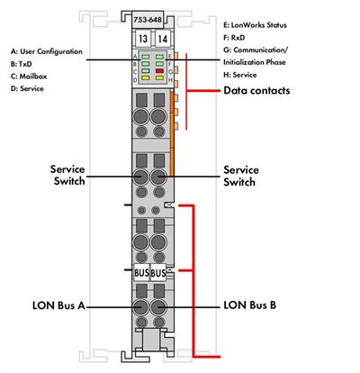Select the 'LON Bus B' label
click(x=250, y=305)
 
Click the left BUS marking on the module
click(x=140, y=272)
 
